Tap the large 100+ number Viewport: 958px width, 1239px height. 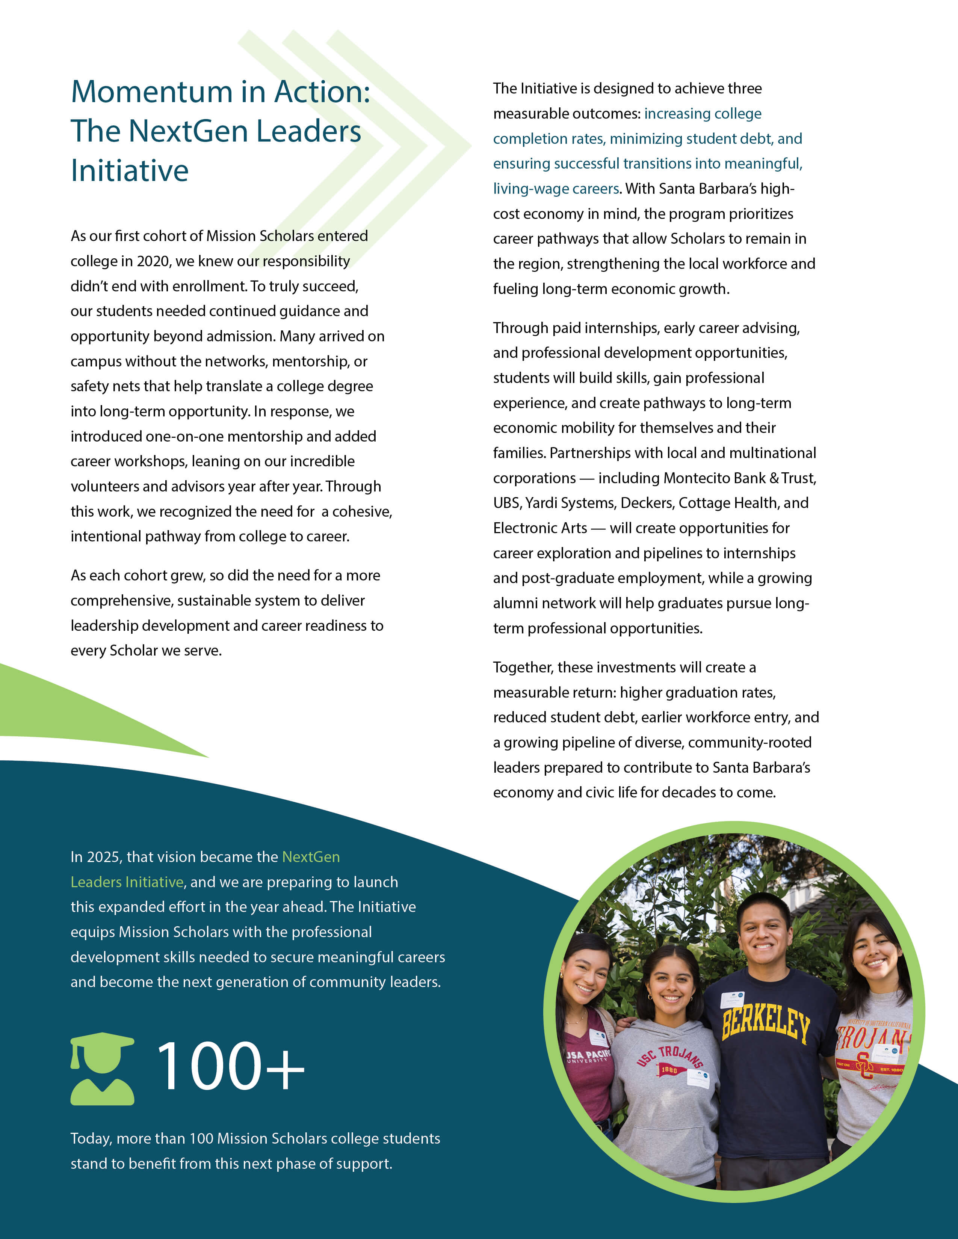coord(230,1067)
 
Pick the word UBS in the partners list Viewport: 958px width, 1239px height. coord(506,503)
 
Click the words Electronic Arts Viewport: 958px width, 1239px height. coord(540,528)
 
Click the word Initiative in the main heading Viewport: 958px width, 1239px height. coord(129,171)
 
